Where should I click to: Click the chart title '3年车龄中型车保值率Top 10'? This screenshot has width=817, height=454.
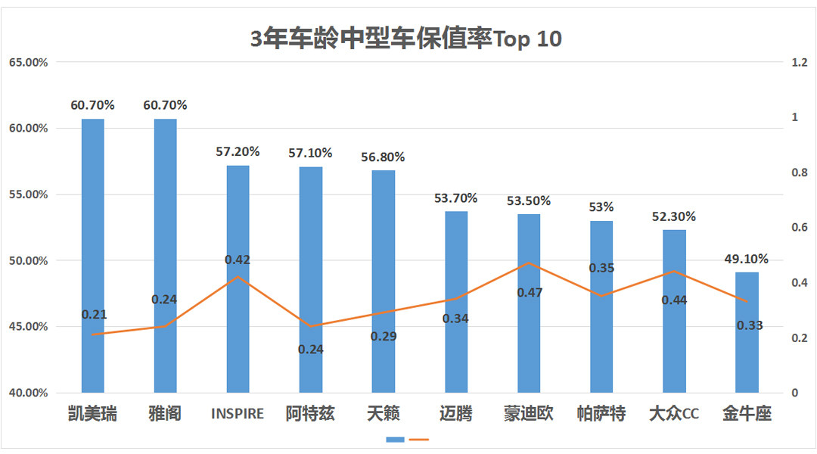[406, 38]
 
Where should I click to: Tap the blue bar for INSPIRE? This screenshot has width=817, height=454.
[238, 279]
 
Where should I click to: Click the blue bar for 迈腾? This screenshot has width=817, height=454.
[455, 302]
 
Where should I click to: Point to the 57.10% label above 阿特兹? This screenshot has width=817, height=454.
[310, 153]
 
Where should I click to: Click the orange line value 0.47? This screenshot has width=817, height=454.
[529, 292]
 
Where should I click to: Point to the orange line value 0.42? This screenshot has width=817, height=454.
[238, 260]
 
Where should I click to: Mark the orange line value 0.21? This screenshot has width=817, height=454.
[94, 315]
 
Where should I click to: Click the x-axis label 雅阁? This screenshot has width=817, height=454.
[165, 414]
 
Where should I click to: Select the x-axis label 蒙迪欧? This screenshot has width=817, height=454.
[529, 414]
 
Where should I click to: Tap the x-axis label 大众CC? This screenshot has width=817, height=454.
[673, 414]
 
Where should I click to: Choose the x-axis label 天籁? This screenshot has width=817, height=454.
[383, 414]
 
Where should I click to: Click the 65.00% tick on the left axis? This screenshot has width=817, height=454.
[28, 62]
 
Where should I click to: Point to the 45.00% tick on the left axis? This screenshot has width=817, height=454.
[28, 327]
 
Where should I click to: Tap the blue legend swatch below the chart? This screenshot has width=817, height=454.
[395, 440]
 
